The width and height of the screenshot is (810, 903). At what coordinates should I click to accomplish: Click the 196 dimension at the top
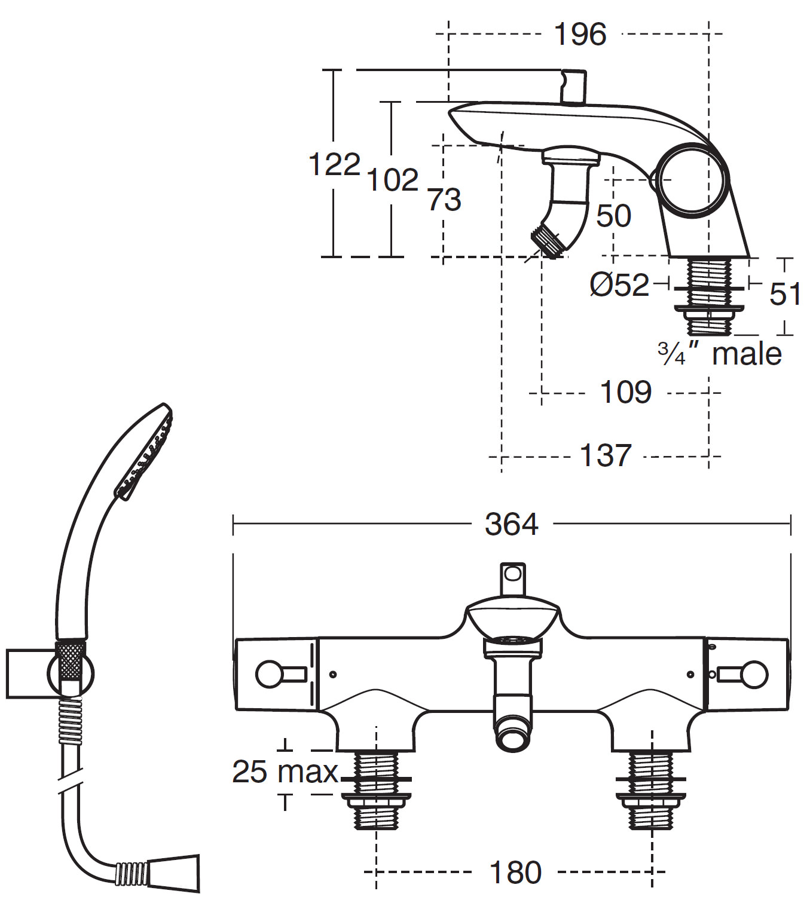point(580,34)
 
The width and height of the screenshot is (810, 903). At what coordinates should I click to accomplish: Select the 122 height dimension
point(334,164)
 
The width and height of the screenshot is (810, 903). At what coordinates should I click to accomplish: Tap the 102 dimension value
point(392,180)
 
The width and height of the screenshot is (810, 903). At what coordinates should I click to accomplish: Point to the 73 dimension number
point(444,200)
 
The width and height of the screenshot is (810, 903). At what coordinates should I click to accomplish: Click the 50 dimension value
point(613,216)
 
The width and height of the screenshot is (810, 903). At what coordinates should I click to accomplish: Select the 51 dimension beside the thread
point(785,294)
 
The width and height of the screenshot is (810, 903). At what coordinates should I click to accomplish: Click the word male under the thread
point(747,354)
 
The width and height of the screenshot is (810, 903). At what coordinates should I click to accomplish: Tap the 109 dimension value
point(625,393)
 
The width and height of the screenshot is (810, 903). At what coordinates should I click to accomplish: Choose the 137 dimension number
point(606,456)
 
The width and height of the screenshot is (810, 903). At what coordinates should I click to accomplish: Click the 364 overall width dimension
point(511,525)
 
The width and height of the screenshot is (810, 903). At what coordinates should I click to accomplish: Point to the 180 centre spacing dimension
point(515,873)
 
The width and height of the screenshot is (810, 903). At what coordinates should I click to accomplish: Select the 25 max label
point(285,772)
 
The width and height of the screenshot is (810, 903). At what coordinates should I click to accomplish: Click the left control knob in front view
point(268,674)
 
